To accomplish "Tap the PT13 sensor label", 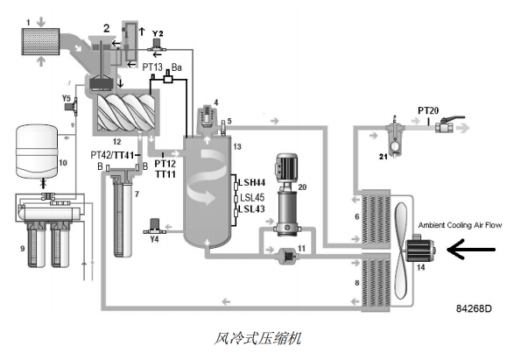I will coord(153,66).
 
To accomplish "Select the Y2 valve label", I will coord(158,32).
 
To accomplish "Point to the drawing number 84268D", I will coord(474,308).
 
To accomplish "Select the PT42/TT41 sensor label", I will coord(111,154).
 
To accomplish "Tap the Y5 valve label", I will coord(67,98).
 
